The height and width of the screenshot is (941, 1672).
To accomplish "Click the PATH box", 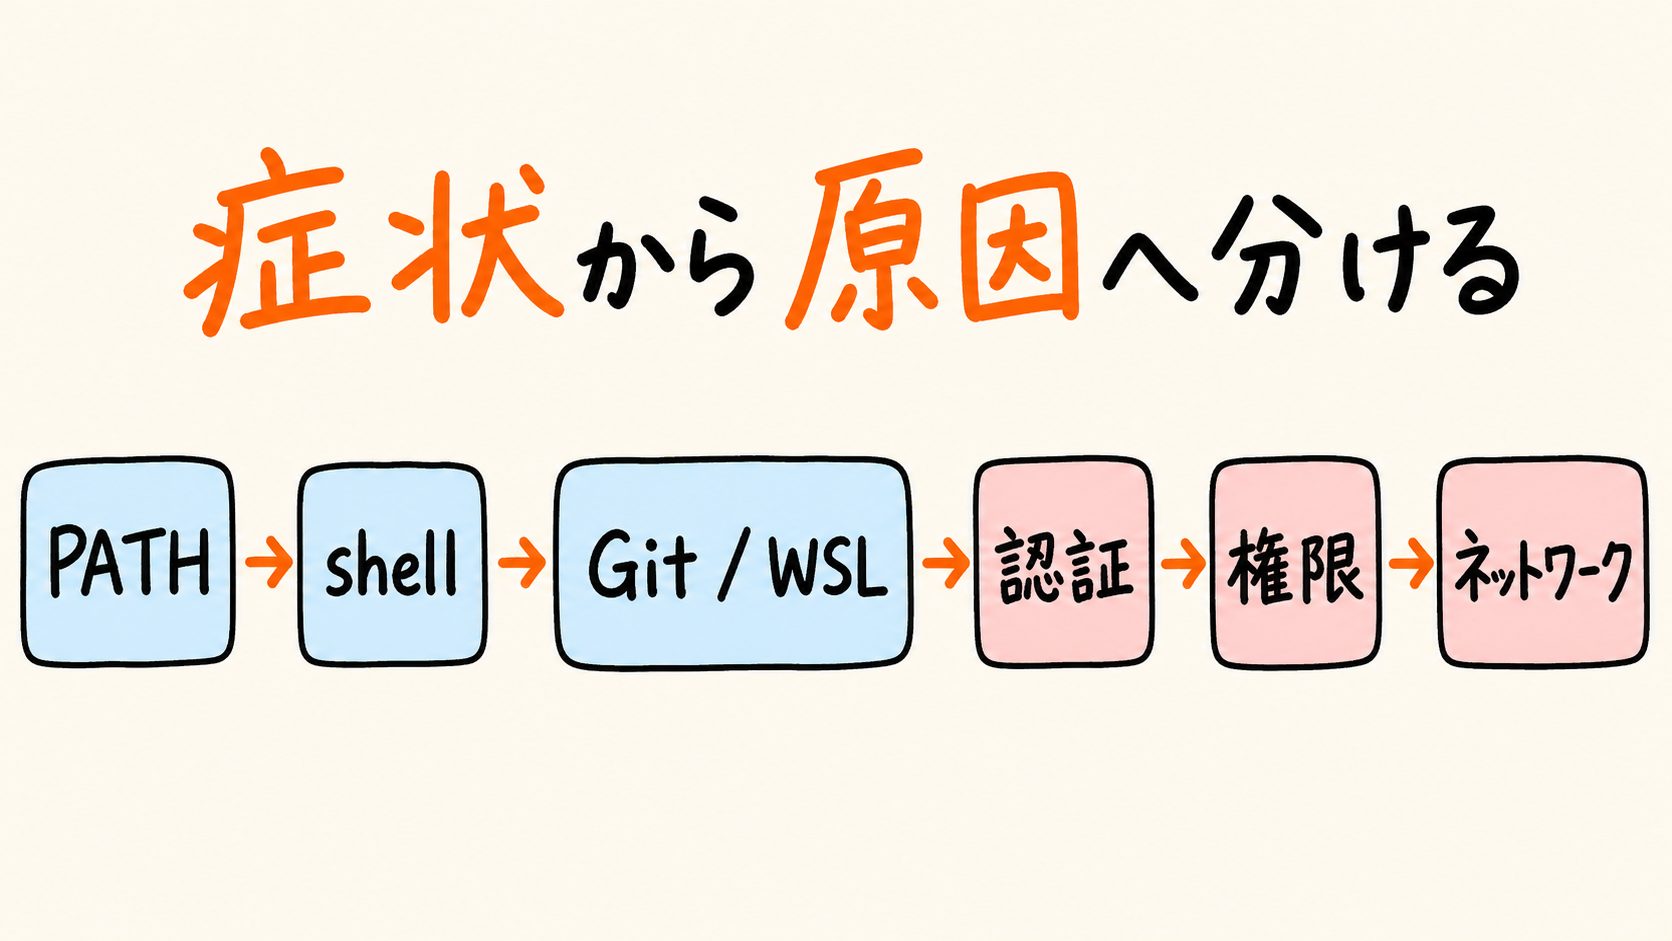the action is [x=128, y=562].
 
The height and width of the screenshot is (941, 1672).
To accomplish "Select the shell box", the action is [x=392, y=563].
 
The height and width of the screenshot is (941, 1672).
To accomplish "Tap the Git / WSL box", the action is [x=734, y=563].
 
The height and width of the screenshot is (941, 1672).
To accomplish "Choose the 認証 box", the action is [x=1065, y=563].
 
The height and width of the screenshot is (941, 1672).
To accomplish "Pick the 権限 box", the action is [x=1295, y=563].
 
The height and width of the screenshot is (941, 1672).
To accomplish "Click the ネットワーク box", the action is [x=1543, y=563].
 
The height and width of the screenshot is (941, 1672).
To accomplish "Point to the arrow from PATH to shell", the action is [x=268, y=562].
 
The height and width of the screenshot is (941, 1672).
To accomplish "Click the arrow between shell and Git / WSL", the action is [x=521, y=562].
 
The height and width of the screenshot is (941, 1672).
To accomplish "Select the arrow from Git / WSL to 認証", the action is [x=944, y=563].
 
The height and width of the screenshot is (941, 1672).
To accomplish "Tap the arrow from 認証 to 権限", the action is [x=1183, y=563].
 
